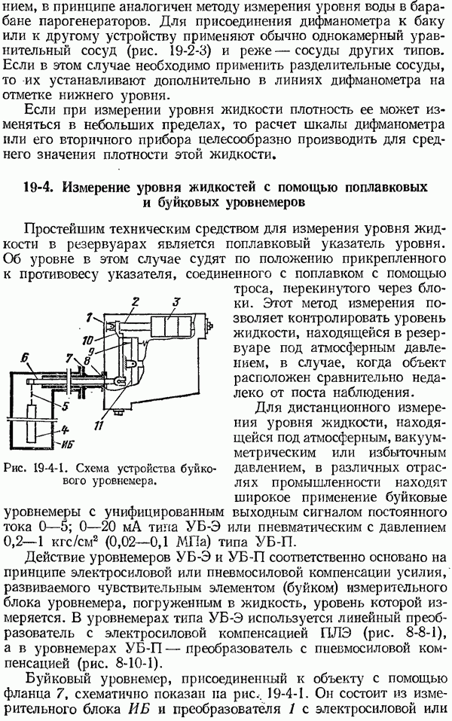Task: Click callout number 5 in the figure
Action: pos(66,406)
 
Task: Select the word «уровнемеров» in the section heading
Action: pos(265,203)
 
